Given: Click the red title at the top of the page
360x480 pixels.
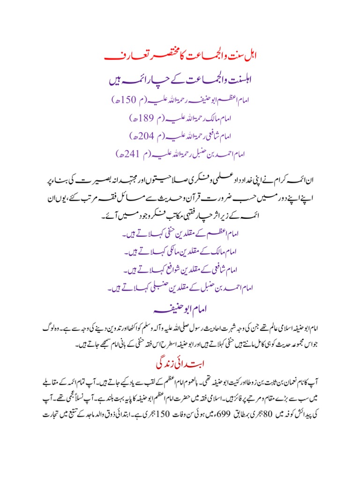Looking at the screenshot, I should tap(180, 57).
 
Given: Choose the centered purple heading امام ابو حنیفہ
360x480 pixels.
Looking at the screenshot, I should tap(180, 311).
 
